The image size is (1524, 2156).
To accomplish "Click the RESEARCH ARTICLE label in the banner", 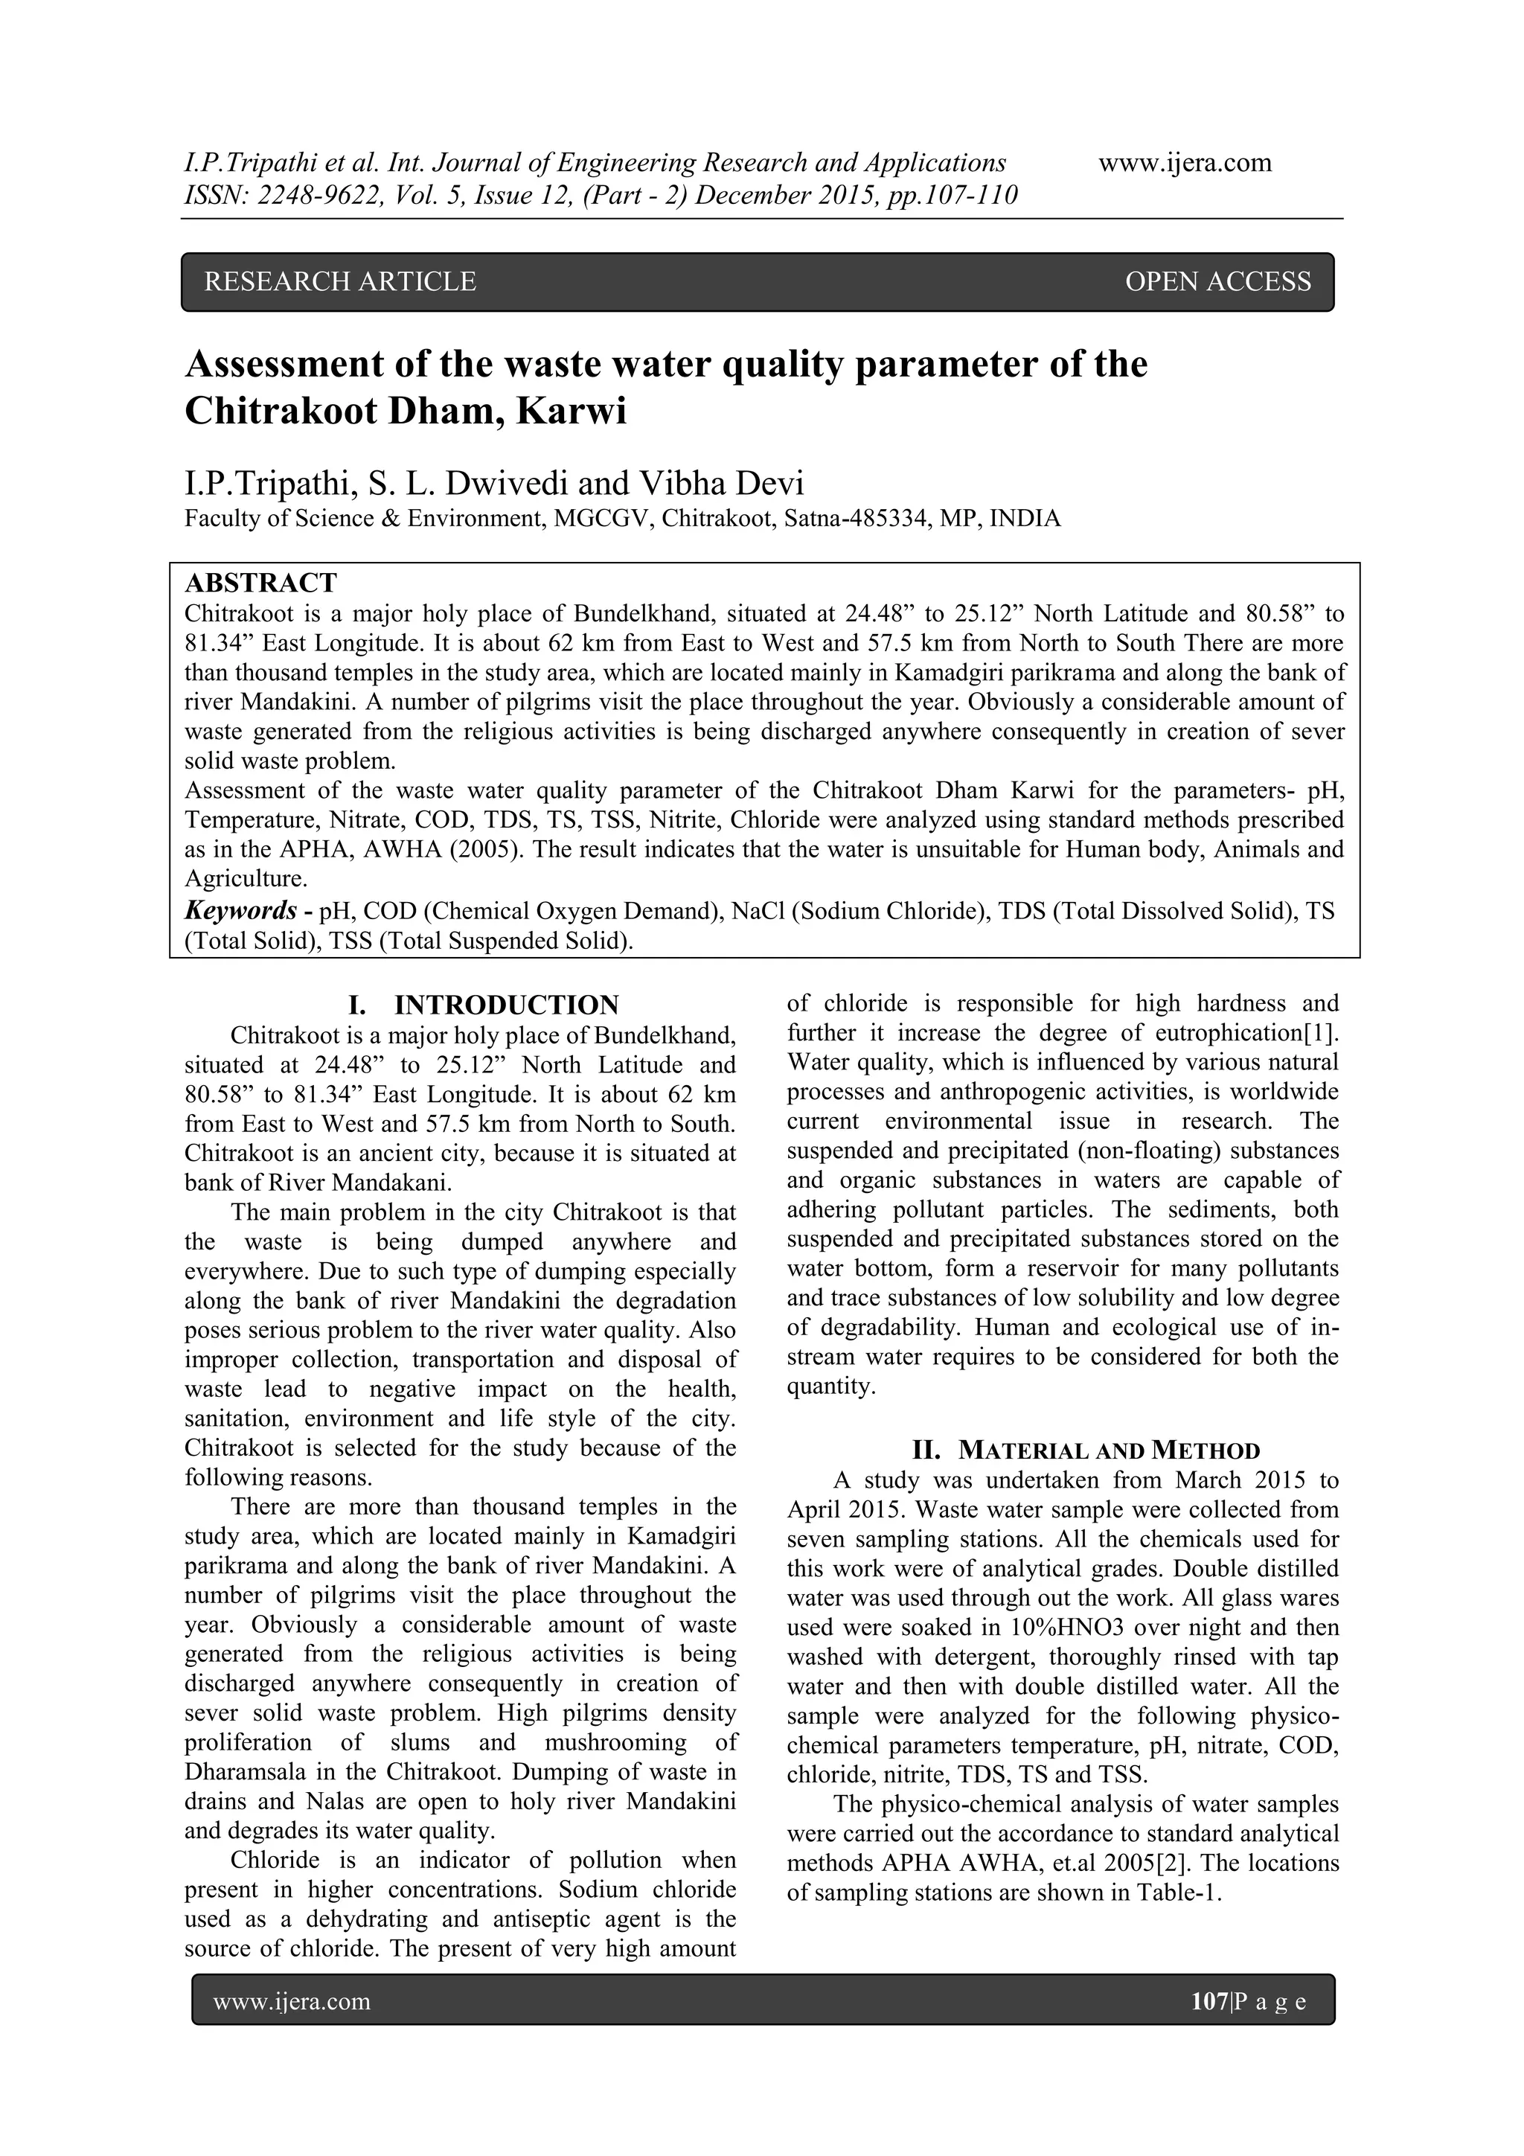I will pos(340,282).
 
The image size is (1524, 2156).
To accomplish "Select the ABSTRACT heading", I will pos(260,583).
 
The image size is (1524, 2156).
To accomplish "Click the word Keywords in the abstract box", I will pos(240,911).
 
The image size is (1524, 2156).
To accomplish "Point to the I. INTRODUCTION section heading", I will pos(484,1005).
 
